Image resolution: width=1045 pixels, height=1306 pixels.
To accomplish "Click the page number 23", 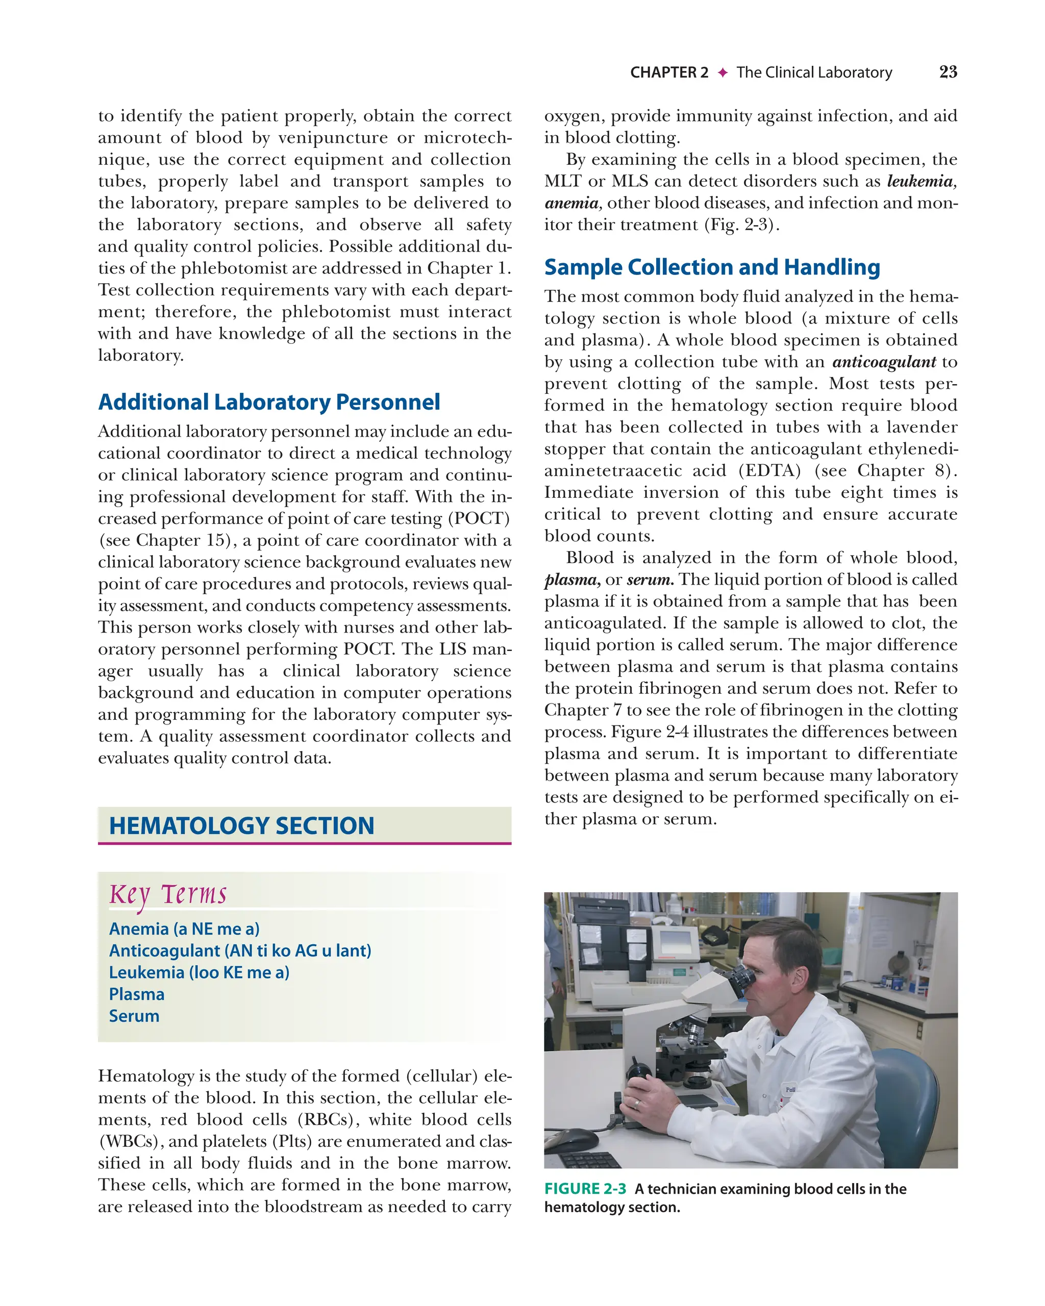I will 948,72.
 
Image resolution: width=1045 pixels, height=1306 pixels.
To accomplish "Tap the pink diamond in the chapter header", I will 722,72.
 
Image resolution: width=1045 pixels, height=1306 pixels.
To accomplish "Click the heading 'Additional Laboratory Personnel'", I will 269,402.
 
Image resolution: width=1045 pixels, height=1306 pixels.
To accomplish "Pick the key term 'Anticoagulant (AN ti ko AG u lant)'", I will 240,950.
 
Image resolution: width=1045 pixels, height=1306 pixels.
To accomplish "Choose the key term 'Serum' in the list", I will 134,1016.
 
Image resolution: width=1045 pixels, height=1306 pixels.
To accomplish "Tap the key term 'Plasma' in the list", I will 136,994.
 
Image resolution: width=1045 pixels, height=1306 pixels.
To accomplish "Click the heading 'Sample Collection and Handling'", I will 712,267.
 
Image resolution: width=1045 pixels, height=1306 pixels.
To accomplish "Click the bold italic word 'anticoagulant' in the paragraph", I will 884,362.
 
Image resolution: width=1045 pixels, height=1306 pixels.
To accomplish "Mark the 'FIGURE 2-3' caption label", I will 585,1189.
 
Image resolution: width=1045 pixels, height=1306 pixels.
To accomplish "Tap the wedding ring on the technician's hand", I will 637,1103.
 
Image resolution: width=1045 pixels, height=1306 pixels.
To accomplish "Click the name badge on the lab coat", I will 790,1089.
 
